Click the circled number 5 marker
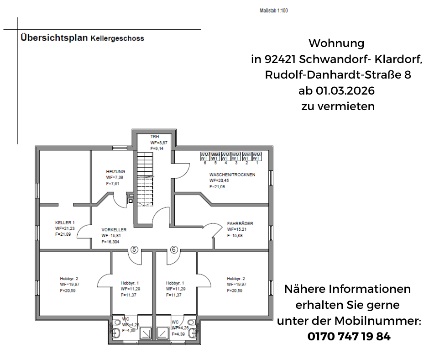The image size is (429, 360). point(134,249)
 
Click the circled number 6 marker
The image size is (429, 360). point(174,249)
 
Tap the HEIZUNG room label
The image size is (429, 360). point(115,172)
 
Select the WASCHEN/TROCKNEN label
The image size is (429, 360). point(232,175)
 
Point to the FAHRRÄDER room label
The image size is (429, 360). point(240,224)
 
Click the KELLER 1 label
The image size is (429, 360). point(65,222)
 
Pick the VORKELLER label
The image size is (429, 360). point(114,230)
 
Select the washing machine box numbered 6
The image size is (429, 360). point(205,156)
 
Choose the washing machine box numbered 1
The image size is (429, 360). point(257,156)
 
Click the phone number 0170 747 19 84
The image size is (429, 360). point(349,337)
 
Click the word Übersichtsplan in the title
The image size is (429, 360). point(54,38)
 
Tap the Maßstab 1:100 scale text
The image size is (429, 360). point(273,11)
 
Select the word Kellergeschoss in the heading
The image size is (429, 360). point(117,38)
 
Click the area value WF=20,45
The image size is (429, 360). point(220,180)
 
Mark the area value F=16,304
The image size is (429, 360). point(111,241)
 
